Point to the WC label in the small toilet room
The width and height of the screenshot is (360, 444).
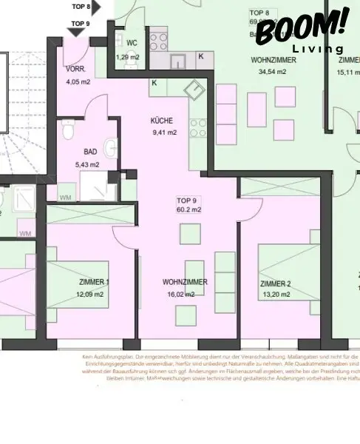132,43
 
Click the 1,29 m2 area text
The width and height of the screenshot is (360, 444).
127,57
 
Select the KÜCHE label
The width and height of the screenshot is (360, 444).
163,120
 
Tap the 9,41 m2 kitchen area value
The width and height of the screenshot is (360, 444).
163,132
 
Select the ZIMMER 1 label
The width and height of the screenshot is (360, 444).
94,282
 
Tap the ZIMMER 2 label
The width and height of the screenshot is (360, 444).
275,283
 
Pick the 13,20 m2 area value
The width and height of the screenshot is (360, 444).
274,295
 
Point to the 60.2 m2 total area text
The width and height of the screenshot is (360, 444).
189,209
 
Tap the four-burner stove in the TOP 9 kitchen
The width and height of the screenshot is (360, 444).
198,132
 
